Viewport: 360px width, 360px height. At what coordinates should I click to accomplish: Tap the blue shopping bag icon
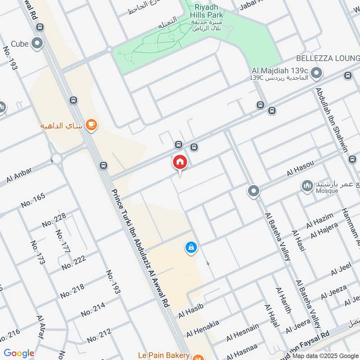[x=191, y=247]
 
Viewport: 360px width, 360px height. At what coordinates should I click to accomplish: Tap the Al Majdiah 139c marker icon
[x=317, y=72]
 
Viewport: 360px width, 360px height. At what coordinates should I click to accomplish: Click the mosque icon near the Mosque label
[x=307, y=185]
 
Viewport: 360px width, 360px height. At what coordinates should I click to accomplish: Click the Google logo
[x=18, y=353]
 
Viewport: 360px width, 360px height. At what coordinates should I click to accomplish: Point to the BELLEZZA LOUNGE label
[x=328, y=58]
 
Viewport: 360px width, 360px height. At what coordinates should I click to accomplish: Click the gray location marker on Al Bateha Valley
[x=254, y=191]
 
